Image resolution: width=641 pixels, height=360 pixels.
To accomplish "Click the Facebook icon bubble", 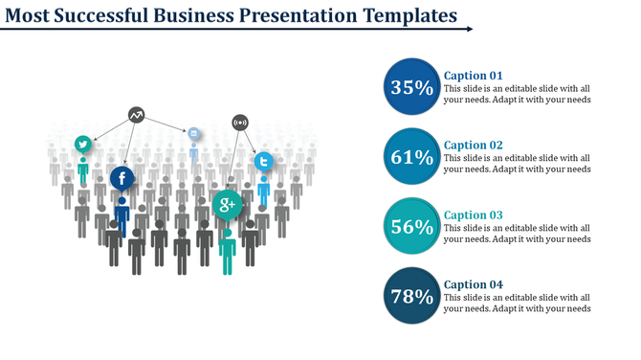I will coord(122,178).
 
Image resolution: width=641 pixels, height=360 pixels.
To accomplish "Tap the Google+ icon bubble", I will coord(228,204).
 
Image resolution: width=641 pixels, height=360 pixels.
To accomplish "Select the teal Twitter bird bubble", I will coord(83,144).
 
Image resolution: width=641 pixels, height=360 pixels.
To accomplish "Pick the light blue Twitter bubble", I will coord(263,161).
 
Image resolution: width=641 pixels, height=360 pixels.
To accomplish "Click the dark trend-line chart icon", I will coord(137,115).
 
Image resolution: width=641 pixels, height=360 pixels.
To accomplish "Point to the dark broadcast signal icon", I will coord(240,122).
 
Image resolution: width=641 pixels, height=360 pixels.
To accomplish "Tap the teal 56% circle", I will coord(412,227).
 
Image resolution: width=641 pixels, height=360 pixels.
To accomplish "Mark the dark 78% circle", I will coord(412,297).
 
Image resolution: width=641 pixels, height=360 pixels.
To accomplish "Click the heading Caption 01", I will coord(474,76).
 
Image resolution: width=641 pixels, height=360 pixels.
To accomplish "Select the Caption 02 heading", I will coord(474,146).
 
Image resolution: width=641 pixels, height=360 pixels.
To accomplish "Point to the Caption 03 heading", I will coord(474,215).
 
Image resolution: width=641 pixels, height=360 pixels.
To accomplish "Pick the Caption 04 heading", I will coord(474,284).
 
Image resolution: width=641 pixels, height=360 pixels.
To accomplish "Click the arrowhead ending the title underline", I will coord(469,29).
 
